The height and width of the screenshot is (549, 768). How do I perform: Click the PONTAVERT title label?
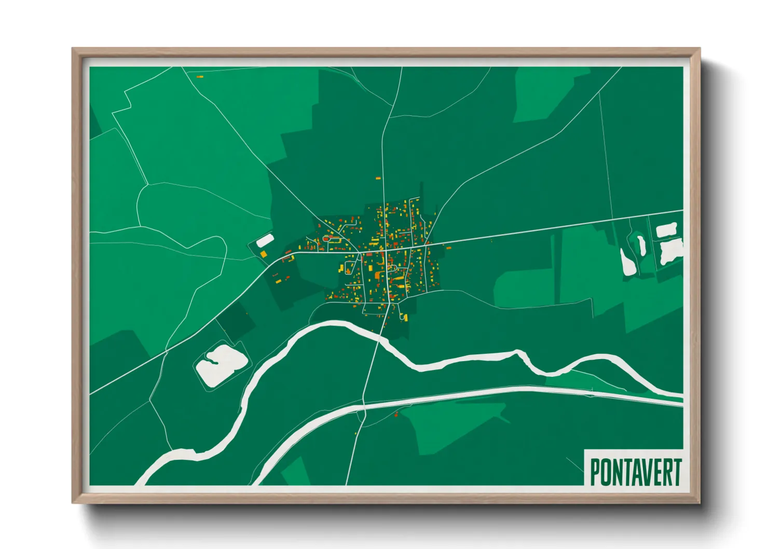pyautogui.click(x=635, y=471)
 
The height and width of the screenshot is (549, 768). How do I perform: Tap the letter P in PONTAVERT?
pyautogui.click(x=596, y=472)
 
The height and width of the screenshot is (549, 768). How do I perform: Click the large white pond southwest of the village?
pyautogui.click(x=222, y=364)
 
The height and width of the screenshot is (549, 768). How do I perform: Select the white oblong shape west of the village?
pyautogui.click(x=265, y=240)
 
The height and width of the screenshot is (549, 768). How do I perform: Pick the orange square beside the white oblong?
pyautogui.click(x=263, y=254)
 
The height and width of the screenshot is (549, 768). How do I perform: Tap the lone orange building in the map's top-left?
pyautogui.click(x=200, y=77)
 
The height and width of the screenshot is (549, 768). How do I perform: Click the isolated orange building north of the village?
pyautogui.click(x=378, y=179)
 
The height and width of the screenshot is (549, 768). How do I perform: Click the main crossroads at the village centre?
pyautogui.click(x=386, y=251)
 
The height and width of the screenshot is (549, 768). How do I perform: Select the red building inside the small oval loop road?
pyautogui.click(x=326, y=238)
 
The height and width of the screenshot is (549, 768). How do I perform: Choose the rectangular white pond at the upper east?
pyautogui.click(x=666, y=230)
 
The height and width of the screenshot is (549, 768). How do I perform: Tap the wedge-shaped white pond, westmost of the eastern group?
pyautogui.click(x=628, y=262)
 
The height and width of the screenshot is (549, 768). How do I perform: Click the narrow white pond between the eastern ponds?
pyautogui.click(x=641, y=245)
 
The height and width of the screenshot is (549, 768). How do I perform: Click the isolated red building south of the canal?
pyautogui.click(x=396, y=414)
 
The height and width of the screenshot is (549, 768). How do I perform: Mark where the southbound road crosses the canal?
pyautogui.click(x=364, y=406)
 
